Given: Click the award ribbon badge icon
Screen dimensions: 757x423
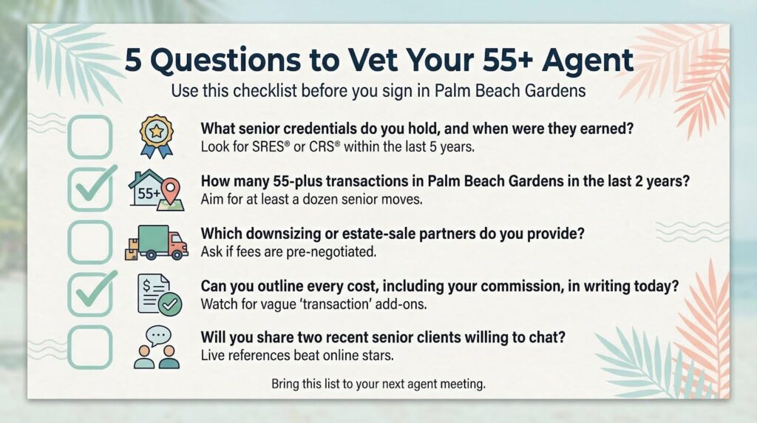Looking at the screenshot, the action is tap(157, 137).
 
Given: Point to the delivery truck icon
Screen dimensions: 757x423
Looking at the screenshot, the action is tap(157, 243).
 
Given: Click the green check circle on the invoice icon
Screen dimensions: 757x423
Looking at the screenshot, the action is tap(170, 304).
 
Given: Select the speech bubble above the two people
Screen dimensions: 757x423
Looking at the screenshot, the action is tap(158, 335).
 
